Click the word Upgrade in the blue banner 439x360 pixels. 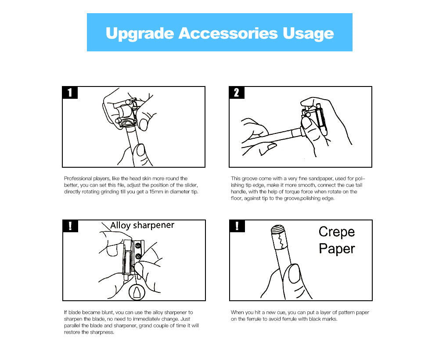click(x=140, y=34)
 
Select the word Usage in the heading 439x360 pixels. click(x=308, y=34)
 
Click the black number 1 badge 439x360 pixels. click(x=70, y=92)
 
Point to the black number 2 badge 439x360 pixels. click(x=237, y=92)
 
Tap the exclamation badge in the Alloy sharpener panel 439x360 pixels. click(x=70, y=226)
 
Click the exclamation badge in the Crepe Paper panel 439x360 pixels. click(x=237, y=226)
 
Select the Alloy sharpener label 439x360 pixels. click(x=142, y=225)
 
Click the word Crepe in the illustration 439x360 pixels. click(x=337, y=232)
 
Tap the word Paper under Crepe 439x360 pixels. click(x=337, y=249)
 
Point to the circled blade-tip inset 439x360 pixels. click(x=137, y=292)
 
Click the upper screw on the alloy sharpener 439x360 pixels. click(x=137, y=246)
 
